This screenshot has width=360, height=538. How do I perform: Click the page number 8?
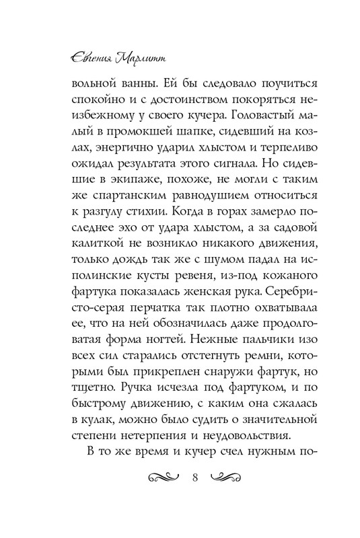pyautogui.click(x=194, y=479)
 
